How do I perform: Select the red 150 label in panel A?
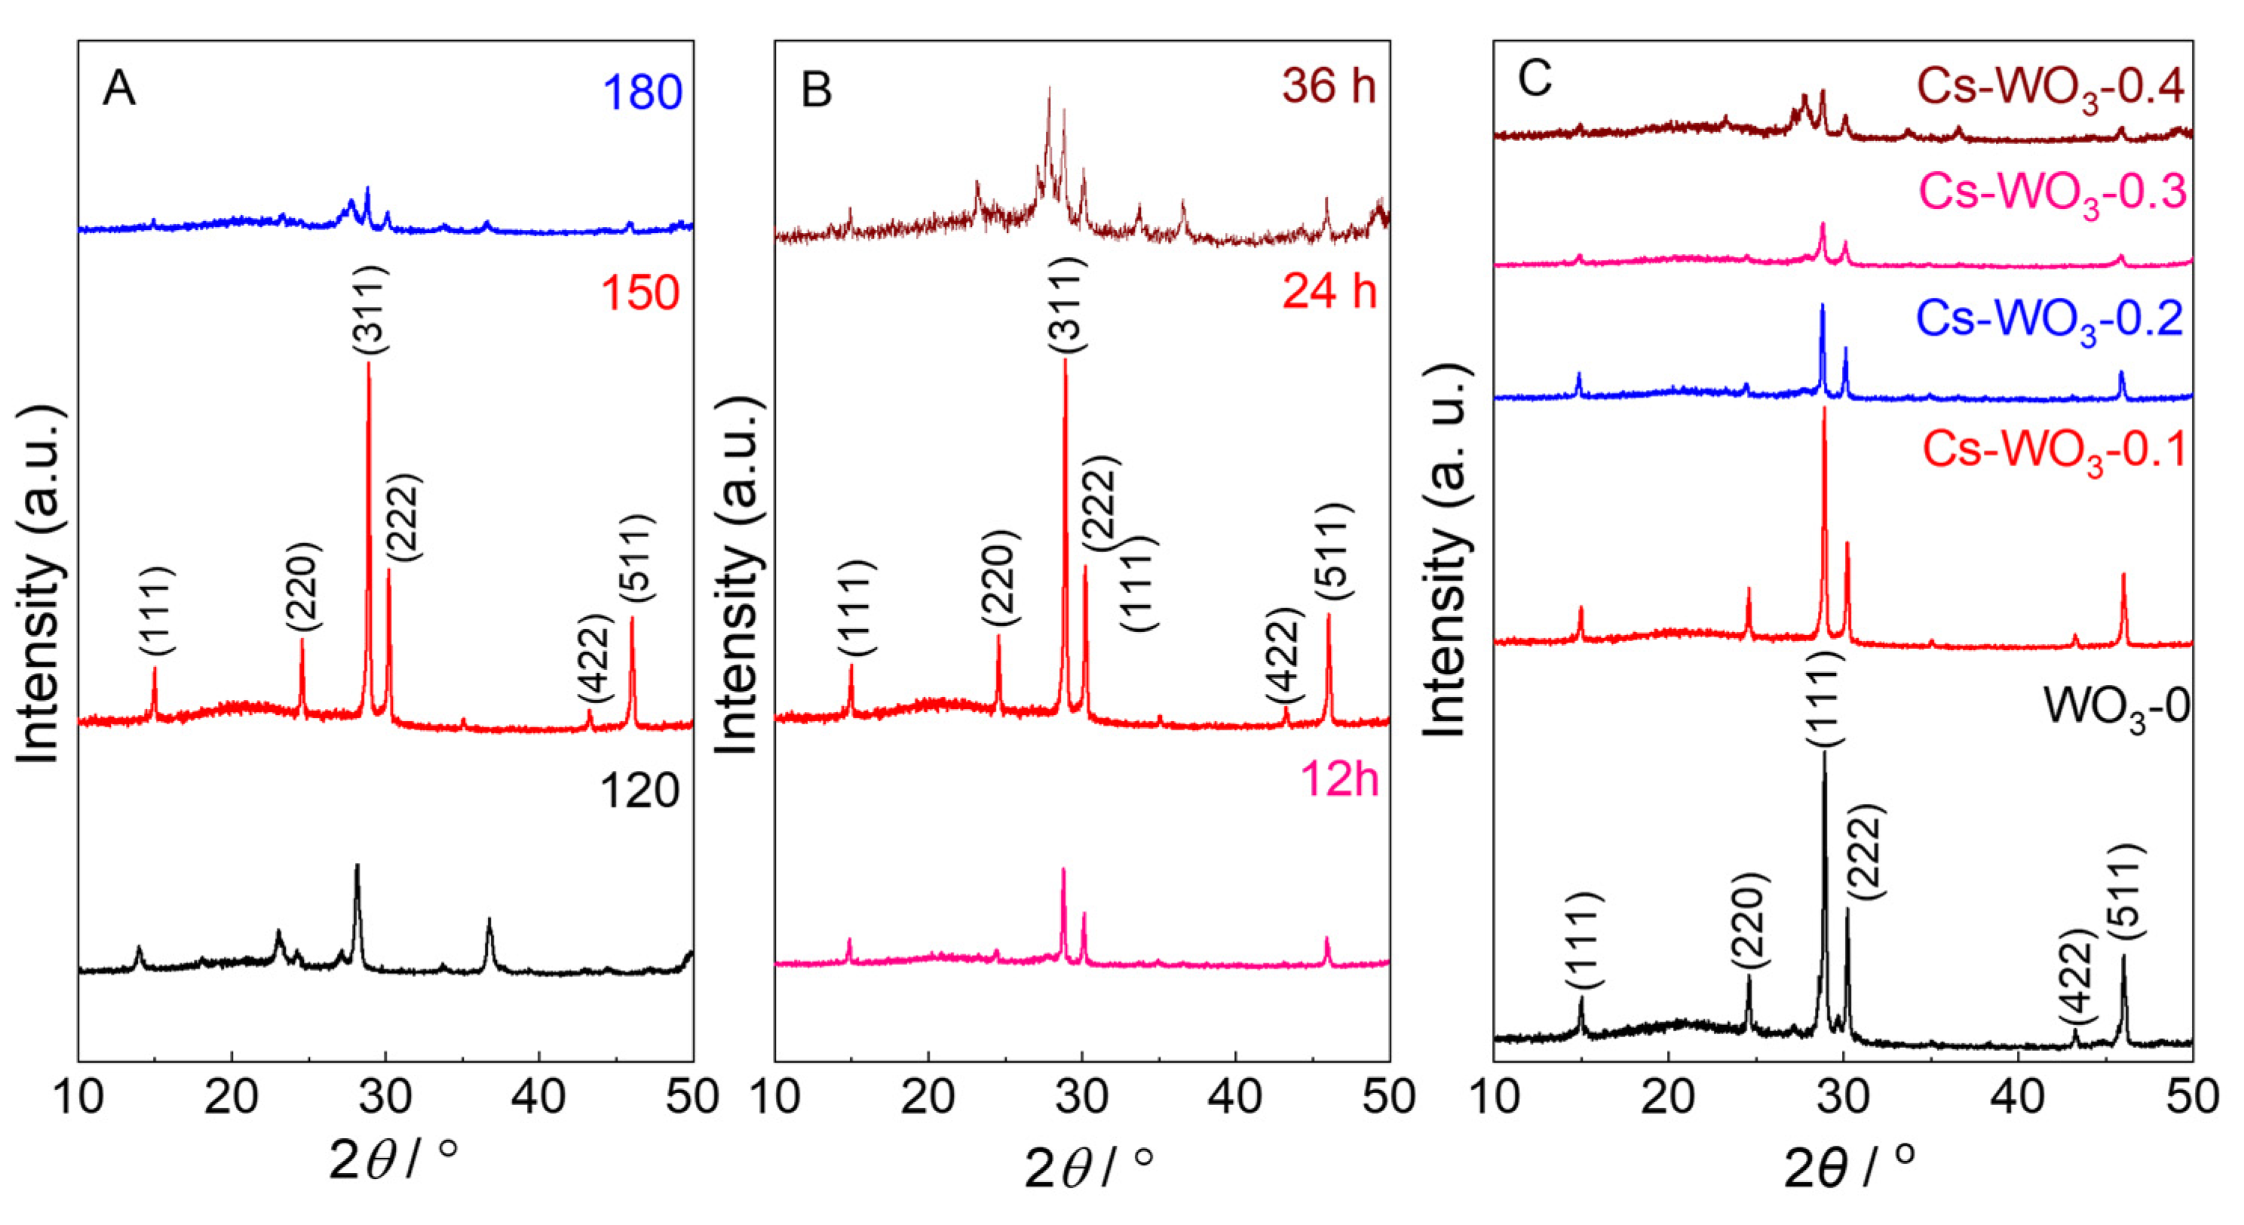tap(639, 293)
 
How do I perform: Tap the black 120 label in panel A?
tap(639, 791)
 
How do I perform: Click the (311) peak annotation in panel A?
tap(371, 309)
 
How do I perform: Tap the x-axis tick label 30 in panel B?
tap(1081, 1097)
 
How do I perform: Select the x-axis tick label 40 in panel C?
tap(2019, 1097)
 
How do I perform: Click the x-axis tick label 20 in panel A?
tap(231, 1097)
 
